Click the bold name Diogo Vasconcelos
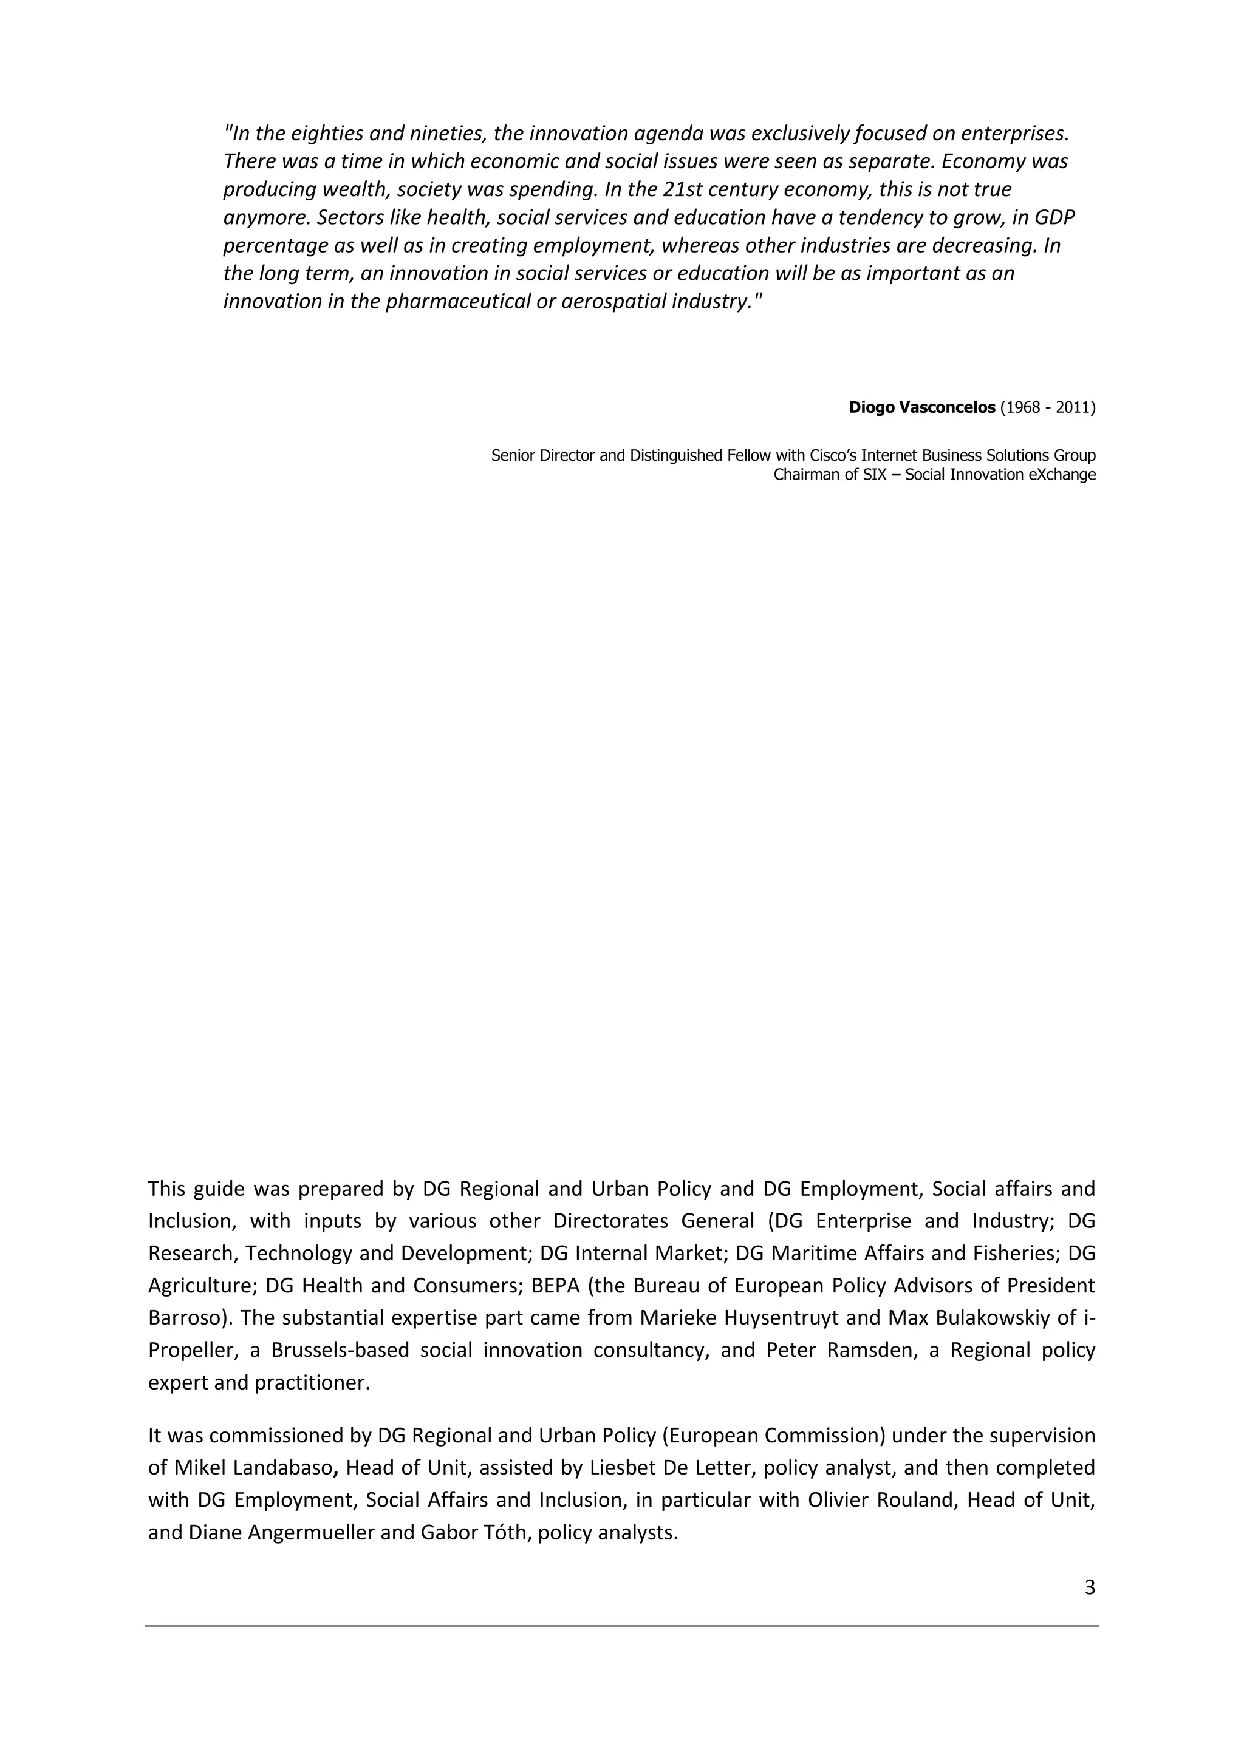click(x=921, y=407)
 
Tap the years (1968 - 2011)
click(x=1048, y=407)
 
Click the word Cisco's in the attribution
click(x=833, y=456)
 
